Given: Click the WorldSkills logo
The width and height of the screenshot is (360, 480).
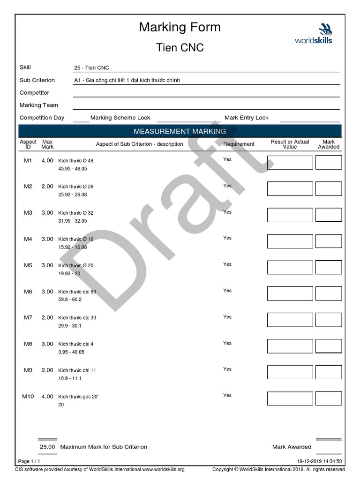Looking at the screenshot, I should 313,34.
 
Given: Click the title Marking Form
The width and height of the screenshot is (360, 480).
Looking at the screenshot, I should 180,27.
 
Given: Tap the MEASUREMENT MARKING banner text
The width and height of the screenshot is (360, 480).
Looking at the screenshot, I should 180,131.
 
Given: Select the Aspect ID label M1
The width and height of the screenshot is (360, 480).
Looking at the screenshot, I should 28,160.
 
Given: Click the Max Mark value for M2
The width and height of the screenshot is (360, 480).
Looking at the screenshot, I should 47,187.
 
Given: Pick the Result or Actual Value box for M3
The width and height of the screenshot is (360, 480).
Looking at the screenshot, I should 290,215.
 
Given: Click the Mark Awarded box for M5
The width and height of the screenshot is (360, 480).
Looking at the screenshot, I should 328,267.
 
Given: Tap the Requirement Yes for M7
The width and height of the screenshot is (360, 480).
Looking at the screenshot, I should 227,317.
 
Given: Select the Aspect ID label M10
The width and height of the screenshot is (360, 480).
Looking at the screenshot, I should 28,397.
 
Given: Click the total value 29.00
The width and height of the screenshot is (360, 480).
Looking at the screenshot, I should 47,447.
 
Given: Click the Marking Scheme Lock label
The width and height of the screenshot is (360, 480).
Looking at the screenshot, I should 120,118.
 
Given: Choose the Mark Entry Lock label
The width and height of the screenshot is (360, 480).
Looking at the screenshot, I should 247,118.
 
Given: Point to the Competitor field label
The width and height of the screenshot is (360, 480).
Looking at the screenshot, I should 34,93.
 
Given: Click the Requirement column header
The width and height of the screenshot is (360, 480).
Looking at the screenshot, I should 239,144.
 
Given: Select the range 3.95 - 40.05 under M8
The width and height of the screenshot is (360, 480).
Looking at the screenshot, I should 71,352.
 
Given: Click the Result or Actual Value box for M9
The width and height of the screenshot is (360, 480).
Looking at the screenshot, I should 290,372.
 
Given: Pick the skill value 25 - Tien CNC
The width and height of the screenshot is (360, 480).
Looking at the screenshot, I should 91,68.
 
